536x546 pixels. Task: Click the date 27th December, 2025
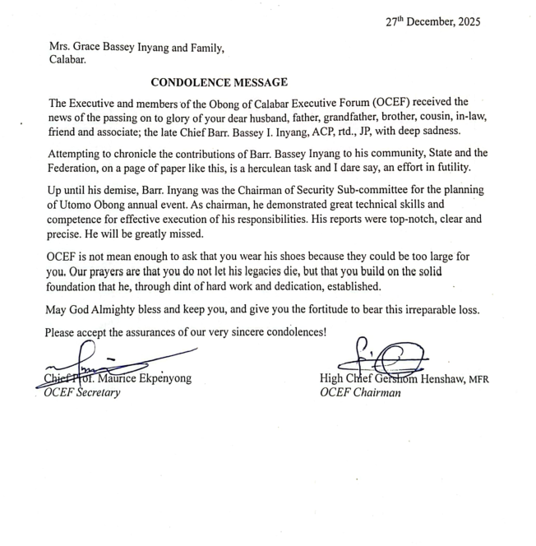coord(432,22)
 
